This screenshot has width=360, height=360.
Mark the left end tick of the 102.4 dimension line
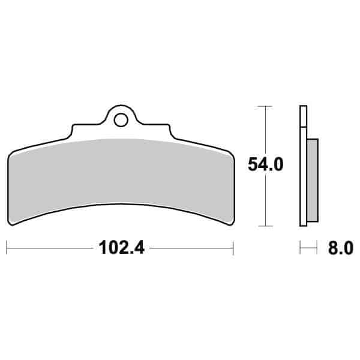7,246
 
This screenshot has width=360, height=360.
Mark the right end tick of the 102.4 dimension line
233,246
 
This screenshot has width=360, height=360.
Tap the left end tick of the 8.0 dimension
300,247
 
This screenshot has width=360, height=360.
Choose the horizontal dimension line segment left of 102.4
48,246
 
